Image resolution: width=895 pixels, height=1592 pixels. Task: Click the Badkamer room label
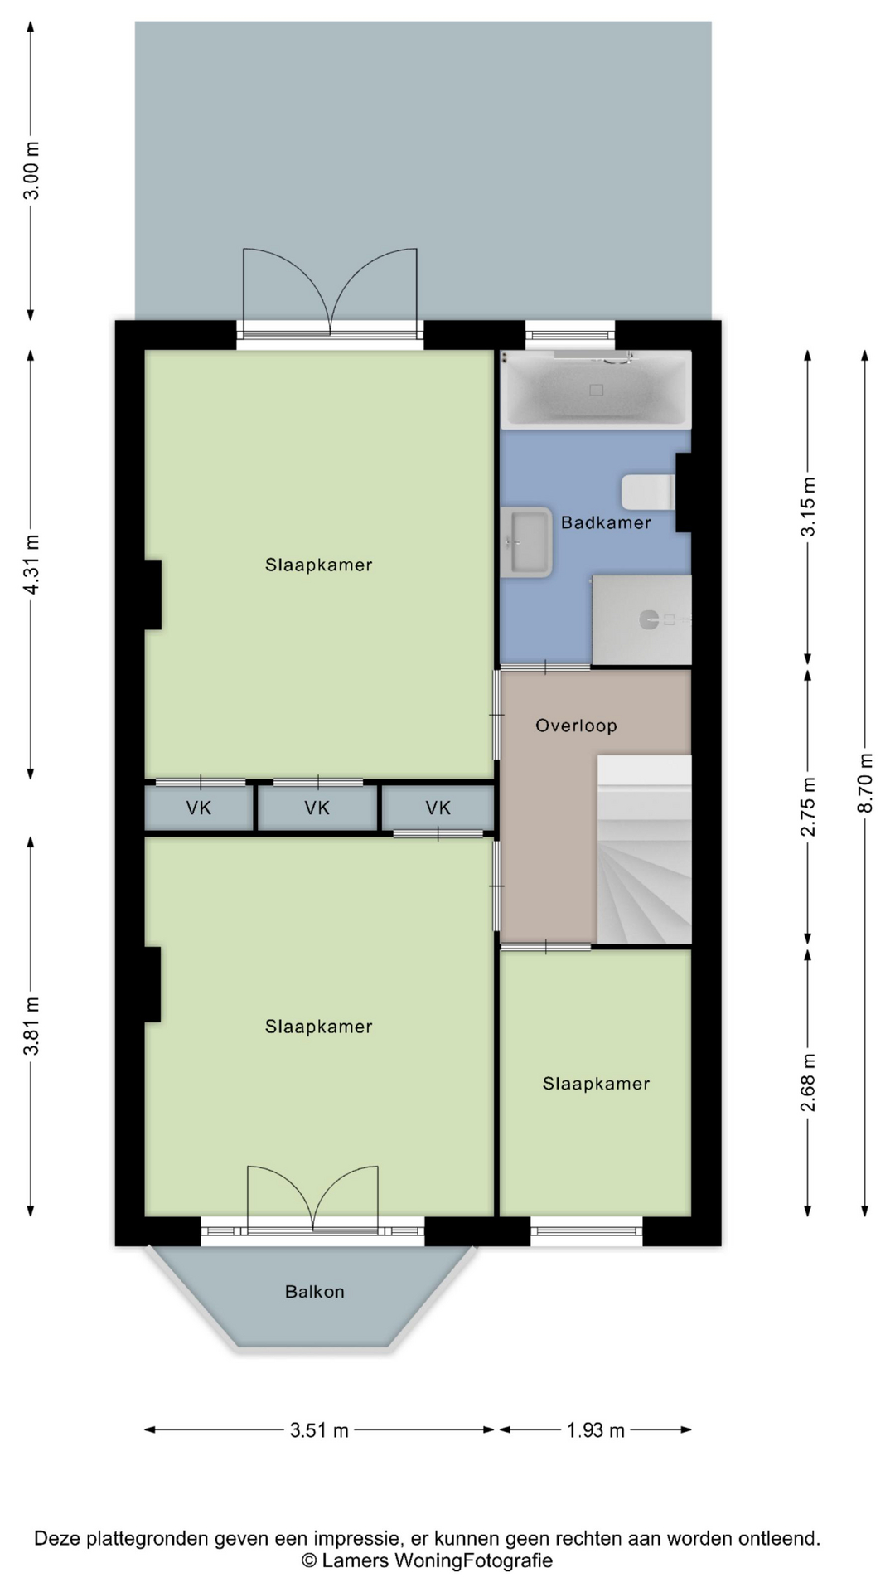coord(606,522)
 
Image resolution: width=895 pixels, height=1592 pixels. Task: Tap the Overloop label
coord(576,726)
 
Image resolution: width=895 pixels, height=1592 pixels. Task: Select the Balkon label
coord(314,1291)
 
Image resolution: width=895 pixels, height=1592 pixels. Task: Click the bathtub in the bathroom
coord(595,389)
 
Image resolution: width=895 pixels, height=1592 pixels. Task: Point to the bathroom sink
coord(526,542)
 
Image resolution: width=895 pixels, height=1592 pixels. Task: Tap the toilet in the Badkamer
coord(649,493)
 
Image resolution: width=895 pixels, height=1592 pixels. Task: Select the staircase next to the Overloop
coord(644,849)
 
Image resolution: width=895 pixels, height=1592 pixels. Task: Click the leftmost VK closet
coord(199,808)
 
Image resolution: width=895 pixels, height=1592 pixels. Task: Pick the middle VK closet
coord(317,808)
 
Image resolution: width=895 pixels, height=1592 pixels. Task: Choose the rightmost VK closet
coord(438,808)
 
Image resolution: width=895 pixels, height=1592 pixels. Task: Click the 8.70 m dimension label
coord(866,784)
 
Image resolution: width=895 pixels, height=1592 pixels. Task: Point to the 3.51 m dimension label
coord(319,1429)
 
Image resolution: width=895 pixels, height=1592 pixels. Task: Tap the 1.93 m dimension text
coord(596,1429)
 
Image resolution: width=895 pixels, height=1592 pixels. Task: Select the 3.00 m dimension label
coord(31,171)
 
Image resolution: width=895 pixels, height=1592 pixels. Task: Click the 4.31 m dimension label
coord(31,565)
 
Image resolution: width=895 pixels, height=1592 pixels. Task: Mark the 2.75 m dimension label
coord(809,806)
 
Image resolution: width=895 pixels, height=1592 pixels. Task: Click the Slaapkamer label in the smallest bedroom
coord(596,1084)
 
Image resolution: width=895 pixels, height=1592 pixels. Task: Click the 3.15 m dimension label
coord(809,507)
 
